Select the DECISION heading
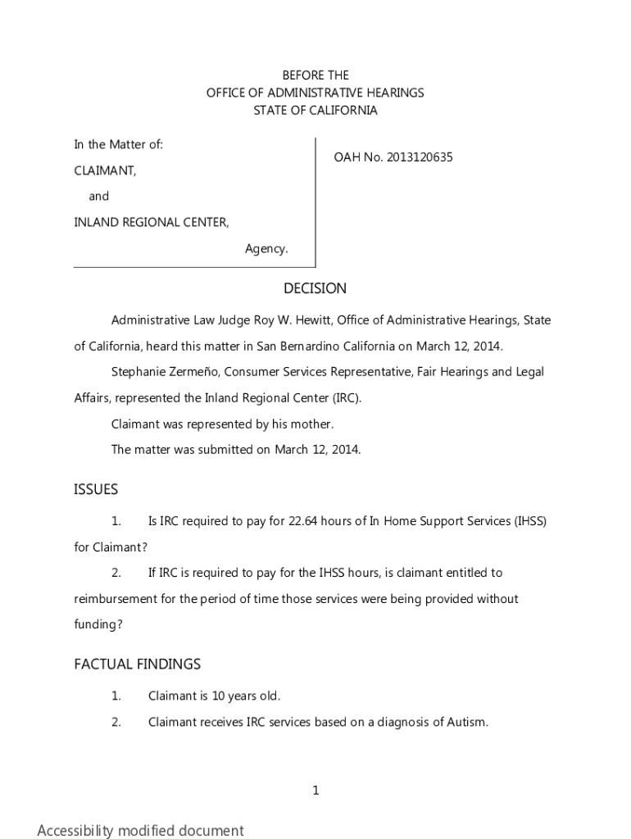coord(315,288)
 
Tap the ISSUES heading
coord(96,489)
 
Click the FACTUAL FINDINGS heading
coord(137,664)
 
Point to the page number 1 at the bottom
coord(315,791)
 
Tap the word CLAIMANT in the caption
coord(105,170)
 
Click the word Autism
coord(466,722)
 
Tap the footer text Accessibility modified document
coord(140,830)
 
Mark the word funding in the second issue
coord(96,624)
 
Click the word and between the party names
coord(99,197)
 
